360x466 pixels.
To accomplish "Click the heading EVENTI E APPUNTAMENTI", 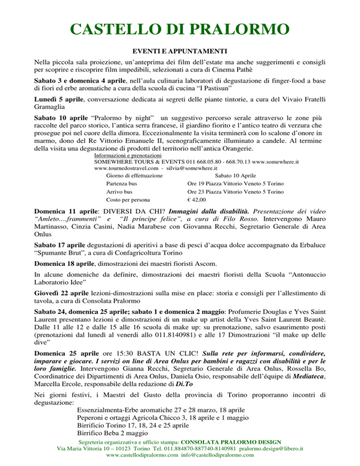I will [x=180, y=50].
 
